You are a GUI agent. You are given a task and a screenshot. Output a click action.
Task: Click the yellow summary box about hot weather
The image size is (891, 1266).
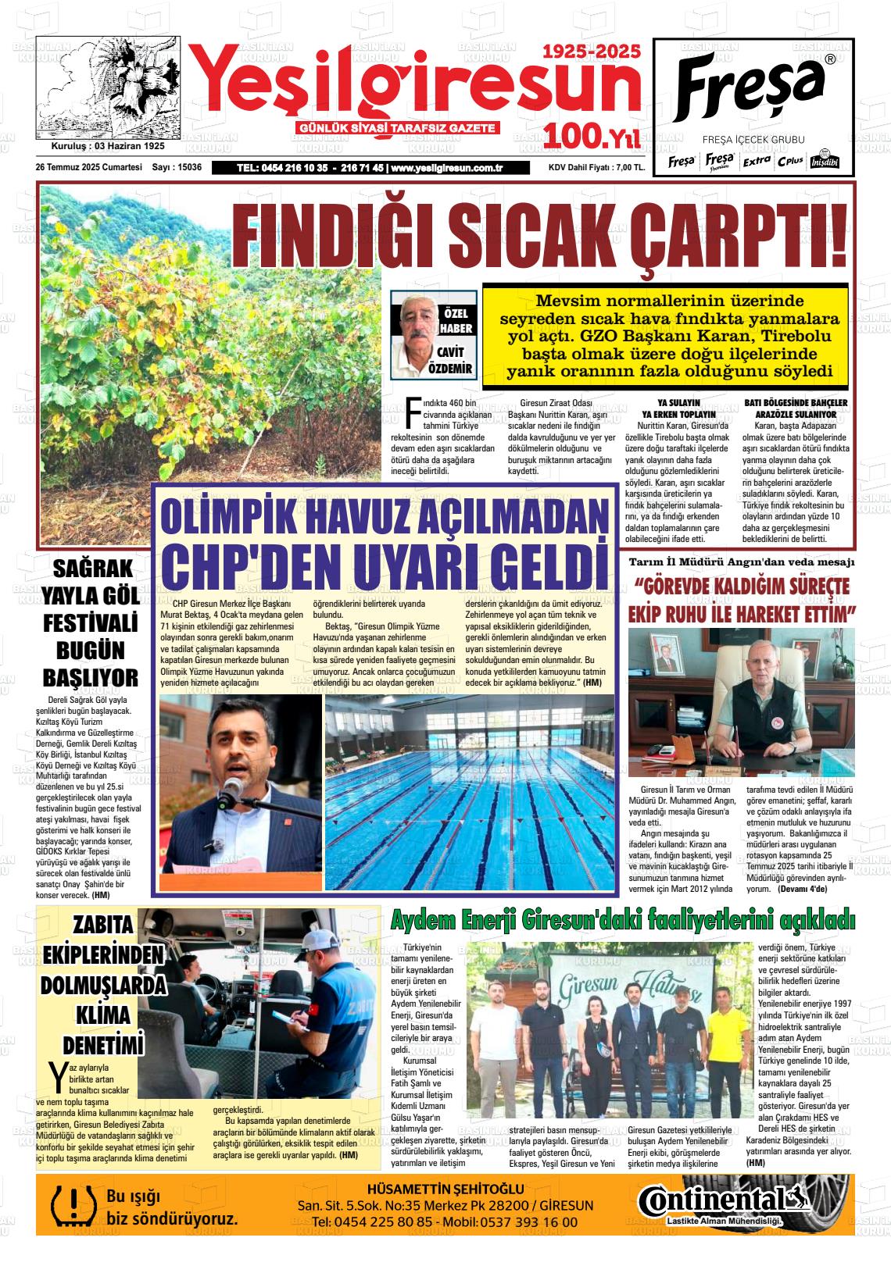coord(664,335)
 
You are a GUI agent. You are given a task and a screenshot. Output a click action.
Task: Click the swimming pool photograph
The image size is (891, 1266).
coord(469,793)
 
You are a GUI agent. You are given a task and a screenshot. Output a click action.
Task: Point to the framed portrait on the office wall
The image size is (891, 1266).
coord(666,652)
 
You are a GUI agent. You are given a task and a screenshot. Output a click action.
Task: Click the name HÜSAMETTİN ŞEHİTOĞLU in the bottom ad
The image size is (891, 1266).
coord(445,1189)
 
